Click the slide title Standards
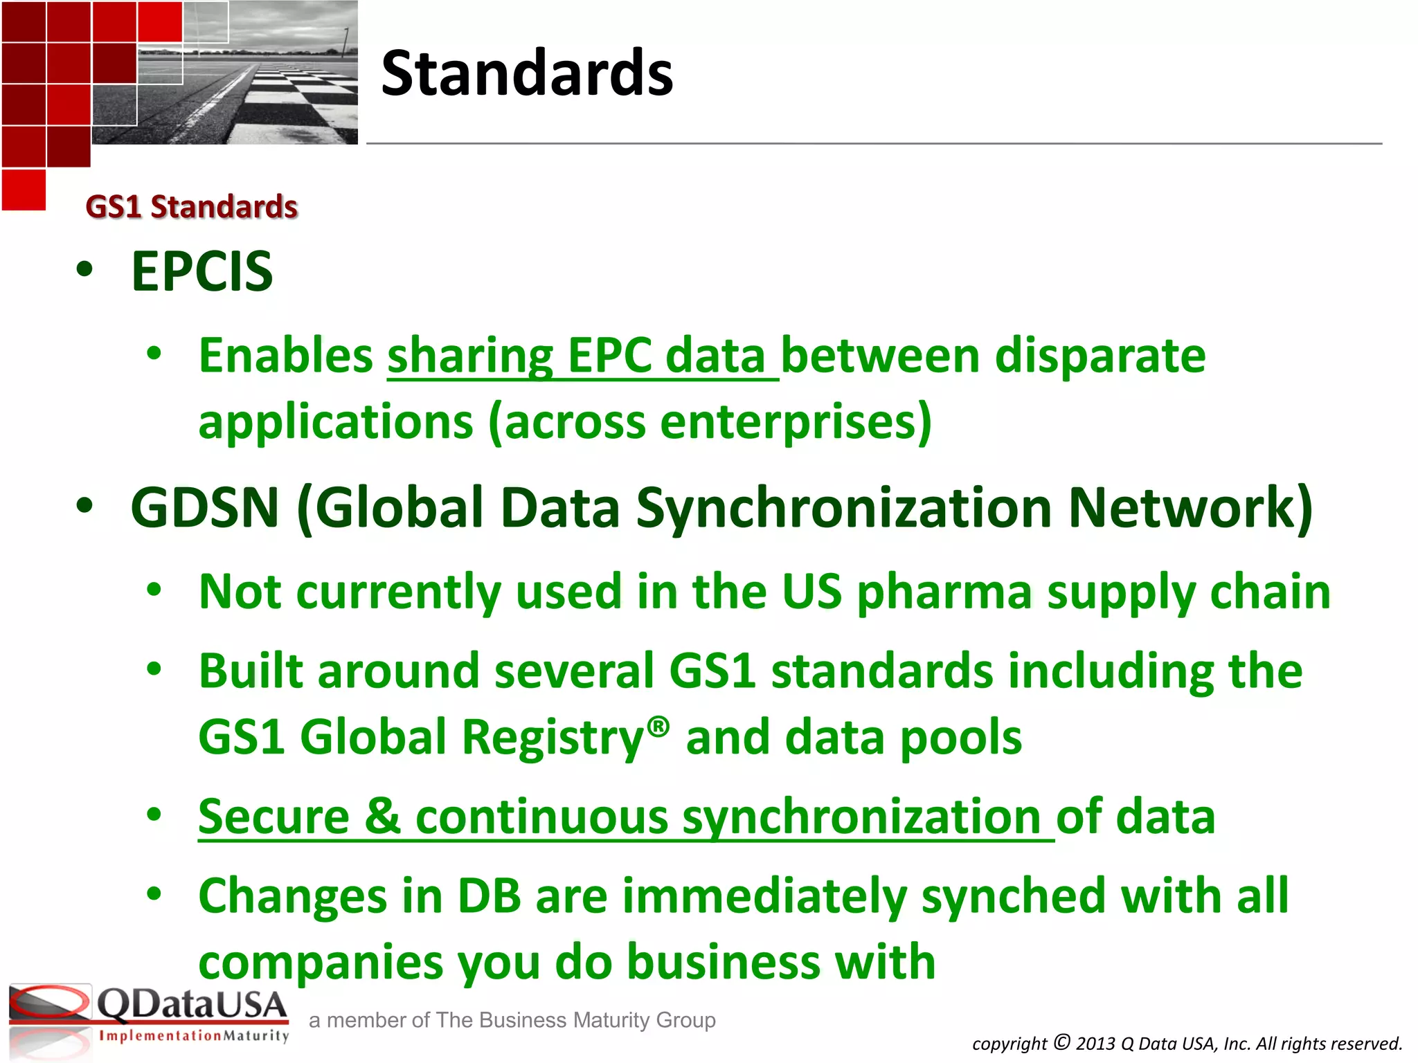click(x=526, y=73)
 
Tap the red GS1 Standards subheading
click(x=191, y=207)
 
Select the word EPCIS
click(x=202, y=271)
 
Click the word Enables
click(x=285, y=356)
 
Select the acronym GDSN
click(x=204, y=508)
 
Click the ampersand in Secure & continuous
click(x=382, y=817)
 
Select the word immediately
click(x=764, y=896)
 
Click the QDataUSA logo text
click(x=191, y=1005)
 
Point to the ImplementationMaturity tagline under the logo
click(x=193, y=1036)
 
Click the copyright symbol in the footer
click(x=1061, y=1042)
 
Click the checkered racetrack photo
click(x=270, y=83)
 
